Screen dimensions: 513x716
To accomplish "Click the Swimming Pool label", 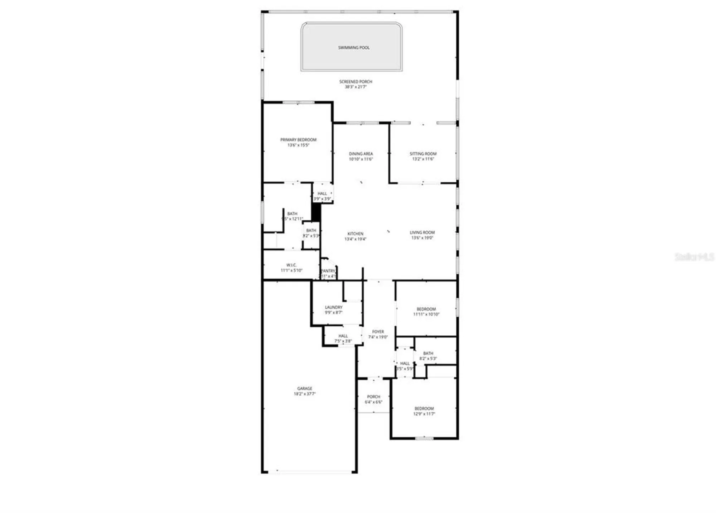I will pyautogui.click(x=354, y=48).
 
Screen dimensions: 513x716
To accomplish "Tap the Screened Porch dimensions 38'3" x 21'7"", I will pyautogui.click(x=355, y=87).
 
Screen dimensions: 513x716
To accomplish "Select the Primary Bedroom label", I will pyautogui.click(x=298, y=140).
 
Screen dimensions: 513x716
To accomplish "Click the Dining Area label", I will pyautogui.click(x=361, y=154).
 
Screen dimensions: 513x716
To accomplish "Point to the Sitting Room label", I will pyautogui.click(x=423, y=154).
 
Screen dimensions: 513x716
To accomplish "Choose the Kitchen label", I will pyautogui.click(x=355, y=234).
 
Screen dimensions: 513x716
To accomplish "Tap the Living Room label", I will pyautogui.click(x=422, y=232).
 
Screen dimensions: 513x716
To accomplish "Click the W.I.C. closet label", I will pyautogui.click(x=291, y=265).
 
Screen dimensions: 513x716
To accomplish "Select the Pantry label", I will pyautogui.click(x=328, y=271).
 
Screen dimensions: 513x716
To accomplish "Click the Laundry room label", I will pyautogui.click(x=334, y=307).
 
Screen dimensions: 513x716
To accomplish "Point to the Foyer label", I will pyautogui.click(x=378, y=332).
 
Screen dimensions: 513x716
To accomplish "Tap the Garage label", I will pyautogui.click(x=305, y=388).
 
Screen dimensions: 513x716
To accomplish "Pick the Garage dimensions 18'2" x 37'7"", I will pyautogui.click(x=305, y=394).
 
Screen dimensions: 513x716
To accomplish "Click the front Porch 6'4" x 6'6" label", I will pyautogui.click(x=373, y=399).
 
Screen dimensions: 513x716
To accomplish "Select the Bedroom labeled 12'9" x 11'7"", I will pyautogui.click(x=424, y=411).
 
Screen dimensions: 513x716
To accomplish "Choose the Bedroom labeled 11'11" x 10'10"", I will pyautogui.click(x=426, y=311).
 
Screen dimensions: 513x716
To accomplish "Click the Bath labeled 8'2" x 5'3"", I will pyautogui.click(x=428, y=356).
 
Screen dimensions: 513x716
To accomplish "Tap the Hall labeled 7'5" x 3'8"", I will pyautogui.click(x=343, y=339).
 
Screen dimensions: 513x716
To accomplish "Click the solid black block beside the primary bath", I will pyautogui.click(x=316, y=212).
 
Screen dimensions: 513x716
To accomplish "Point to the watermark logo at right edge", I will pyautogui.click(x=694, y=257).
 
